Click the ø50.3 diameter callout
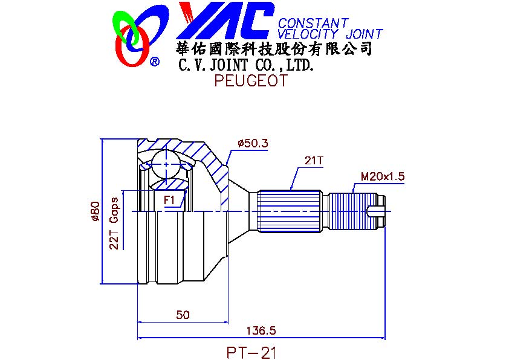pos(253,143)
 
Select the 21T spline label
pos(314,160)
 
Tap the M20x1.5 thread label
pos(383,176)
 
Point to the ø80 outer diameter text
pos(95,211)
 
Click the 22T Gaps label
pos(114,223)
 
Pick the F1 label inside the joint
pos(169,200)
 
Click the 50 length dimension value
pos(183,315)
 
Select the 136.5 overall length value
pos(261,330)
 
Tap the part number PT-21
pos(251,353)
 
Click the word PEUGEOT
pos(251,80)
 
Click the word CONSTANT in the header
pos(313,23)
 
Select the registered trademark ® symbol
pos(155,61)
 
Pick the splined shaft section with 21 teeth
pos(290,211)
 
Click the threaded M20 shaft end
pos(352,211)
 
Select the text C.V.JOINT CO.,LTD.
pos(247,65)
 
